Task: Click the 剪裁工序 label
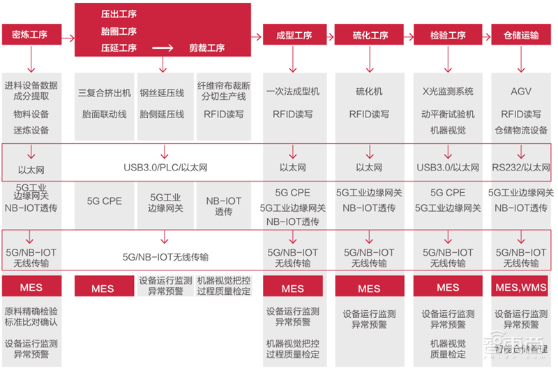pyautogui.click(x=207, y=48)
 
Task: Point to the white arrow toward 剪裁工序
pyautogui.click(x=162, y=48)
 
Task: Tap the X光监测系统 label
pyautogui.click(x=448, y=92)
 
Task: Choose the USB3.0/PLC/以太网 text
pyautogui.click(x=165, y=168)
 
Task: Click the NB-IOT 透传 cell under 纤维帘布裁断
pyautogui.click(x=224, y=206)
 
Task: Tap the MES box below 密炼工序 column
pyautogui.click(x=31, y=287)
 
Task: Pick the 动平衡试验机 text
pyautogui.click(x=448, y=114)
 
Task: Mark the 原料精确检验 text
pyautogui.click(x=31, y=311)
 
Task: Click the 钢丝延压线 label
pyautogui.click(x=162, y=92)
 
